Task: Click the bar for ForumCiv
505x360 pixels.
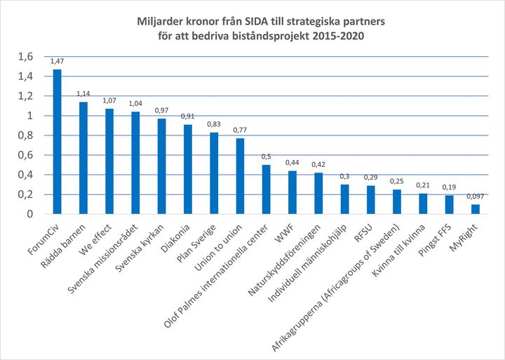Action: point(57,141)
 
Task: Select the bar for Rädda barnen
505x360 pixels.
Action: point(83,157)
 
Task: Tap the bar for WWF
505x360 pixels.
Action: point(292,192)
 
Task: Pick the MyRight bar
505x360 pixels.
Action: point(476,208)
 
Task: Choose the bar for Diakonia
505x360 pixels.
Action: point(188,168)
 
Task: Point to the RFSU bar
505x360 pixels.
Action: point(371,199)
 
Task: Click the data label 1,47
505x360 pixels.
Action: point(57,62)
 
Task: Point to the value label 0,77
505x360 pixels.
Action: point(240,131)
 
